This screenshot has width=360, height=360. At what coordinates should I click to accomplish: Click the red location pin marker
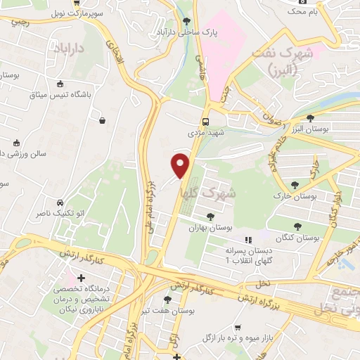[x=181, y=165]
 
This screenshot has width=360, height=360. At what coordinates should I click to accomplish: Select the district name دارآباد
[x=68, y=49]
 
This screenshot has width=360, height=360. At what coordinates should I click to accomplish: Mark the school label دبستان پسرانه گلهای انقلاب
[x=236, y=255]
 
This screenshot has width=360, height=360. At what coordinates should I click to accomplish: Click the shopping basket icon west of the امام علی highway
[x=103, y=120]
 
